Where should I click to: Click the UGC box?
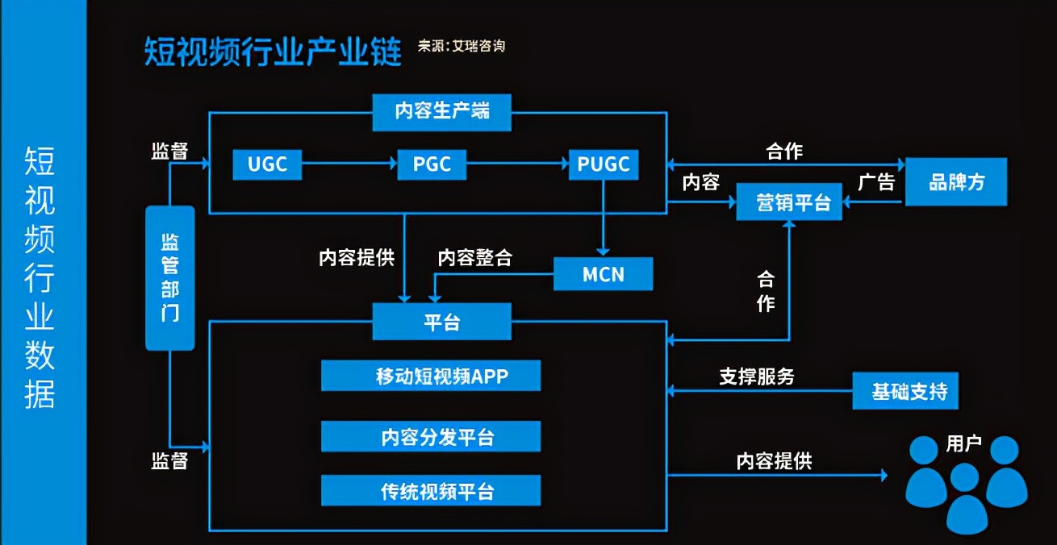(x=267, y=164)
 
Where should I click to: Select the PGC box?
(x=432, y=164)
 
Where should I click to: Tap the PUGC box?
(x=604, y=164)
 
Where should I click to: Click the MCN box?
(x=604, y=274)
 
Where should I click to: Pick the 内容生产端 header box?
(x=442, y=112)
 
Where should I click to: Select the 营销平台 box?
(x=789, y=202)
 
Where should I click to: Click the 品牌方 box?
(x=956, y=183)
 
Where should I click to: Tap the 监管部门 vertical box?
(x=170, y=278)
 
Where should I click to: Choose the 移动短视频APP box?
(x=431, y=376)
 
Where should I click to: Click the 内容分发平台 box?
(x=431, y=436)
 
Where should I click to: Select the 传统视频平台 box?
(x=431, y=491)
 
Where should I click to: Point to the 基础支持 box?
(x=909, y=393)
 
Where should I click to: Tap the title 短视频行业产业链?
(x=273, y=51)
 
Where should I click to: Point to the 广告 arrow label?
(x=876, y=183)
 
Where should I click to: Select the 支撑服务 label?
(x=757, y=376)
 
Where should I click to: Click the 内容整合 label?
(x=475, y=258)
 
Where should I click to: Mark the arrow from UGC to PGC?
(x=349, y=164)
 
